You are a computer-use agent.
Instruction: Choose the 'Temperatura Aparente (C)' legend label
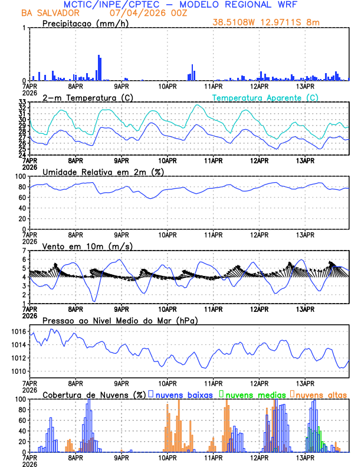[x=265, y=97]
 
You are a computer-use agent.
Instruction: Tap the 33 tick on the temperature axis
[x=22, y=103]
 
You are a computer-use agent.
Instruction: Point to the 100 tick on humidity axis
[x=20, y=176]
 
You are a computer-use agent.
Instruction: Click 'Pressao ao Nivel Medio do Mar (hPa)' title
[x=120, y=320]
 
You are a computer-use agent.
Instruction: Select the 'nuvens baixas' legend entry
[x=182, y=394]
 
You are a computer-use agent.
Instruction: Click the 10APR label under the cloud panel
[x=168, y=456]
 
